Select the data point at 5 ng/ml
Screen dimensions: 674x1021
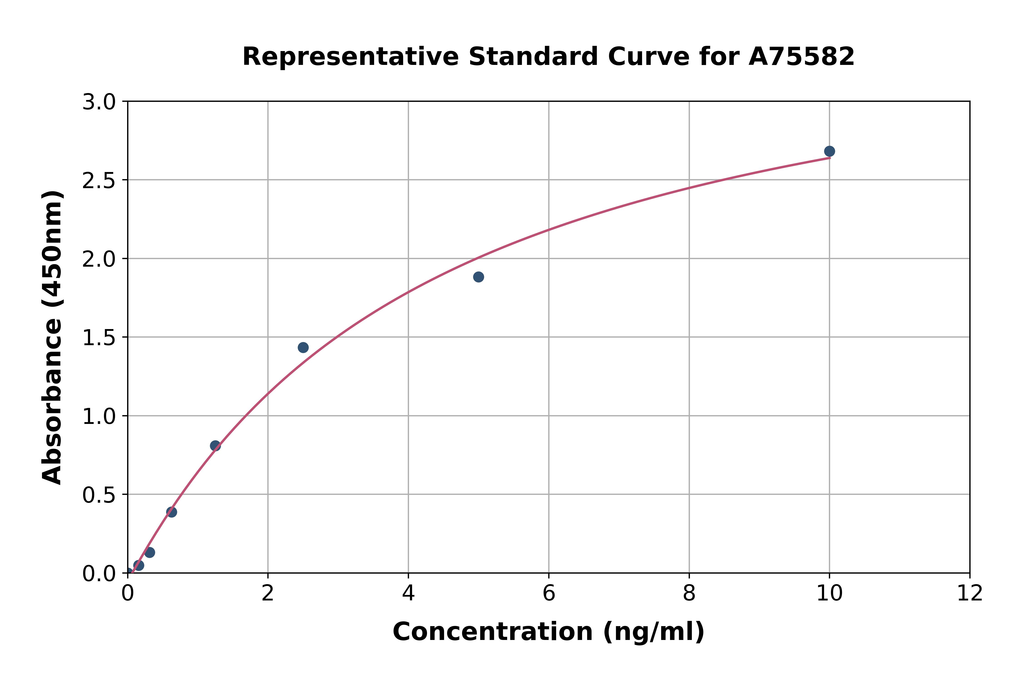(478, 277)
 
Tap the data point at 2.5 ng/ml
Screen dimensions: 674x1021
(303, 347)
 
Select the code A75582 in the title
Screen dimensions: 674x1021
(801, 57)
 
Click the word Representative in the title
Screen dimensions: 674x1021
(351, 57)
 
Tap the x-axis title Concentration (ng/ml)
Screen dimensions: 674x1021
(548, 632)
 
